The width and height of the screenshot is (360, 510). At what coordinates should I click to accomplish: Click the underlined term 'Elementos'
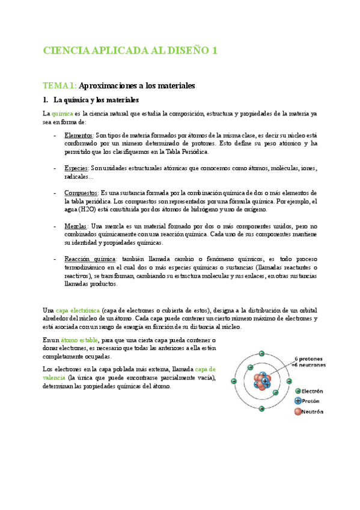[79, 136]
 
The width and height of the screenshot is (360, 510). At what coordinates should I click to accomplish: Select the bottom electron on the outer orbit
[261, 410]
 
